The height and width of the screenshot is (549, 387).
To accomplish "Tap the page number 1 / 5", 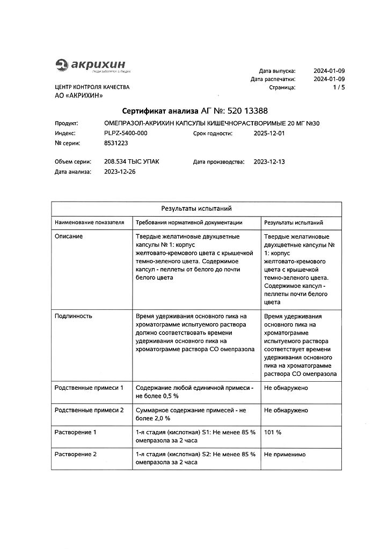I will pyautogui.click(x=339, y=86).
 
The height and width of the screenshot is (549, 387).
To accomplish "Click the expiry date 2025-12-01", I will pyautogui.click(x=269, y=133).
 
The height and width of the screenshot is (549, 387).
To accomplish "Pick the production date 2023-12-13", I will pyautogui.click(x=269, y=161).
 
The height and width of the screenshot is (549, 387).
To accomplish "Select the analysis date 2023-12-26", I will pyautogui.click(x=120, y=172).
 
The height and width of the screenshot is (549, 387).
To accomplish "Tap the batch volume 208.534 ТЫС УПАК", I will pyautogui.click(x=132, y=161).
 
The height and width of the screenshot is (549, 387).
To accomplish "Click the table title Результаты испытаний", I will pyautogui.click(x=196, y=209).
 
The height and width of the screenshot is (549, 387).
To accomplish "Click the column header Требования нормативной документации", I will pyautogui.click(x=189, y=222).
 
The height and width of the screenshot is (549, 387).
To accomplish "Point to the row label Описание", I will pyautogui.click(x=69, y=236).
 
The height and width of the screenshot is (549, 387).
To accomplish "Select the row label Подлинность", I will pyautogui.click(x=74, y=316).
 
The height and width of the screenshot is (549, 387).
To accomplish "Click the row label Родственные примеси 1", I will pyautogui.click(x=89, y=387).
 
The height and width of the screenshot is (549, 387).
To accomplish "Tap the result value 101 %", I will pyautogui.click(x=273, y=432).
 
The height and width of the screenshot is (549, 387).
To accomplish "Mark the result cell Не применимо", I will pyautogui.click(x=285, y=454).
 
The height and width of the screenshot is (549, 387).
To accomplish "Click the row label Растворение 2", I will pyautogui.click(x=76, y=454).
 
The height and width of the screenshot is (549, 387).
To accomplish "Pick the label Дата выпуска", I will pyautogui.click(x=277, y=70).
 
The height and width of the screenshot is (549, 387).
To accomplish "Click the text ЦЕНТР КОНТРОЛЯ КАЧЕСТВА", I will pyautogui.click(x=92, y=86).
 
